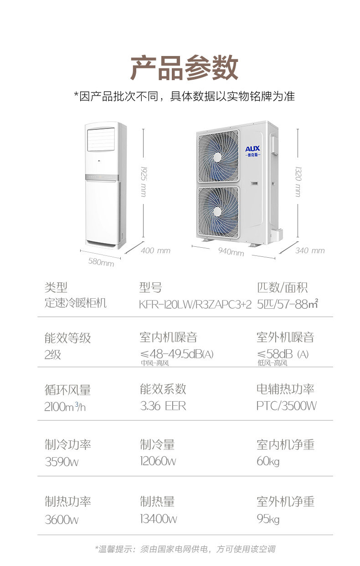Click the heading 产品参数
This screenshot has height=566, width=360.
(x=184, y=68)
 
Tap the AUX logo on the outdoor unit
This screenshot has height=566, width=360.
(x=252, y=151)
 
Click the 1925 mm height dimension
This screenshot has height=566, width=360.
(x=144, y=181)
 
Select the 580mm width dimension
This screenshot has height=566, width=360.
(x=101, y=262)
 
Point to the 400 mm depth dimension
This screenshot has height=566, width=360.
(x=155, y=250)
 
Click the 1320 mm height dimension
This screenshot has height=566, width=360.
(x=298, y=181)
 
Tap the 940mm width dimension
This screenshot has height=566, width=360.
(x=231, y=251)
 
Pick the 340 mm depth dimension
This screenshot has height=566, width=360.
(x=310, y=250)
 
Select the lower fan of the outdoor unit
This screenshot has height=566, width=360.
(x=218, y=212)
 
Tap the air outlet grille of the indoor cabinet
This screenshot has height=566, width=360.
(x=101, y=140)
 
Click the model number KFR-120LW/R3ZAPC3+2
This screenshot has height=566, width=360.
(x=195, y=305)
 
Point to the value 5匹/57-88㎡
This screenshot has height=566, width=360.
(x=288, y=304)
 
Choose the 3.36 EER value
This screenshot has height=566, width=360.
(x=163, y=406)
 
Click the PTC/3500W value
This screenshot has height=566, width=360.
(x=287, y=406)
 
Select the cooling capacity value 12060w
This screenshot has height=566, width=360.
(x=158, y=461)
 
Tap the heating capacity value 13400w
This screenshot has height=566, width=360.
(x=159, y=519)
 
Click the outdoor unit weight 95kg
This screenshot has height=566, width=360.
(x=268, y=519)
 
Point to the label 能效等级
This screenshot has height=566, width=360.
(x=68, y=338)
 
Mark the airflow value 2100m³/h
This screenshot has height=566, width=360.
(x=65, y=407)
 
